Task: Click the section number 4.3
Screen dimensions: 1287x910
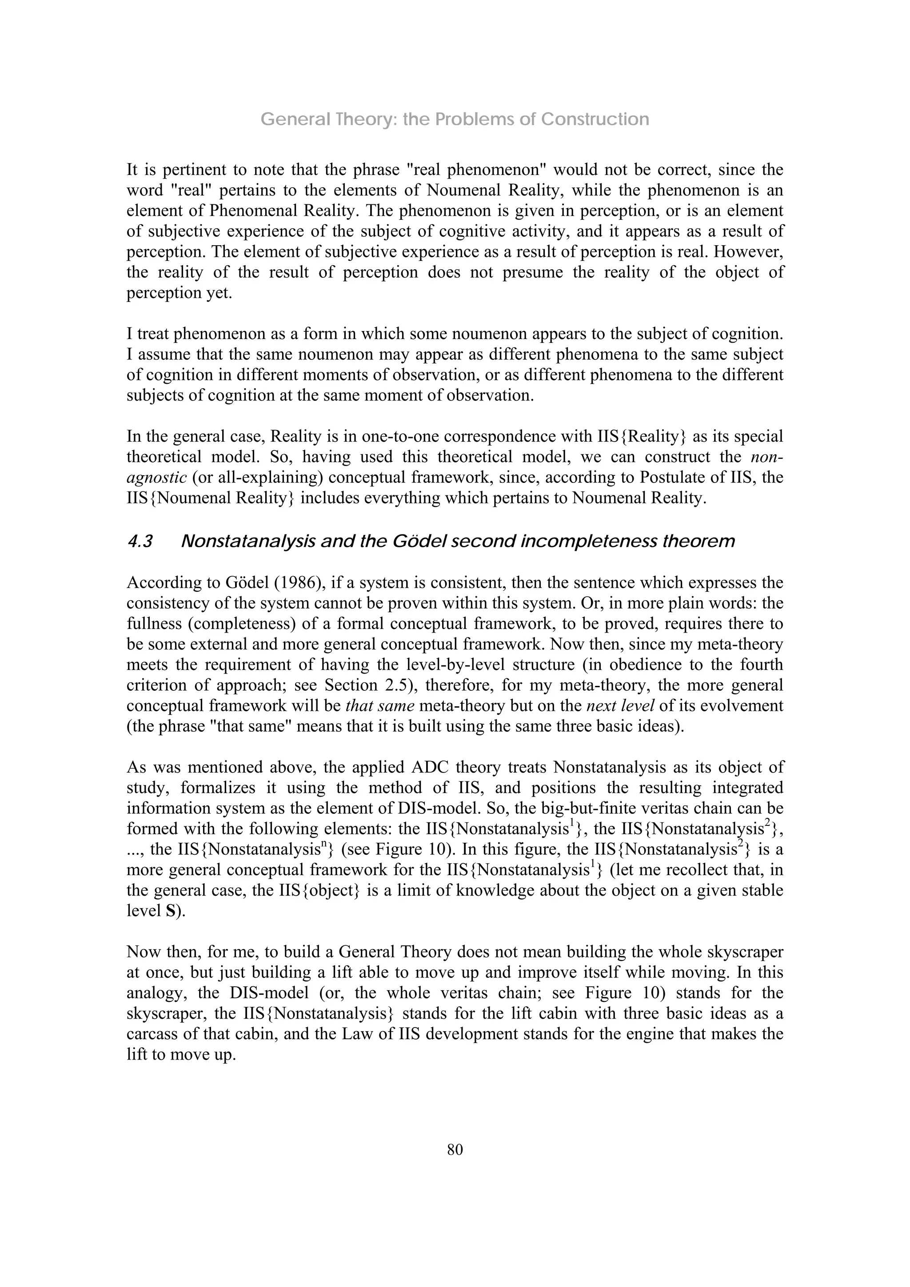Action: (x=140, y=542)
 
